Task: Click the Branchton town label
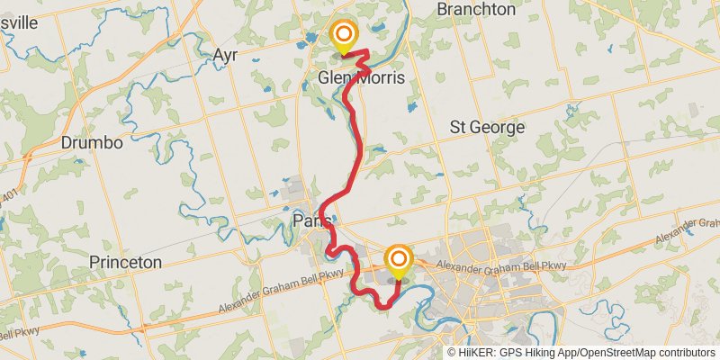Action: (x=475, y=9)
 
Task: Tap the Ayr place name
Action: (x=224, y=56)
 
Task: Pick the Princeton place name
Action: (x=125, y=262)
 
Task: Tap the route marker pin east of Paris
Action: (x=398, y=261)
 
